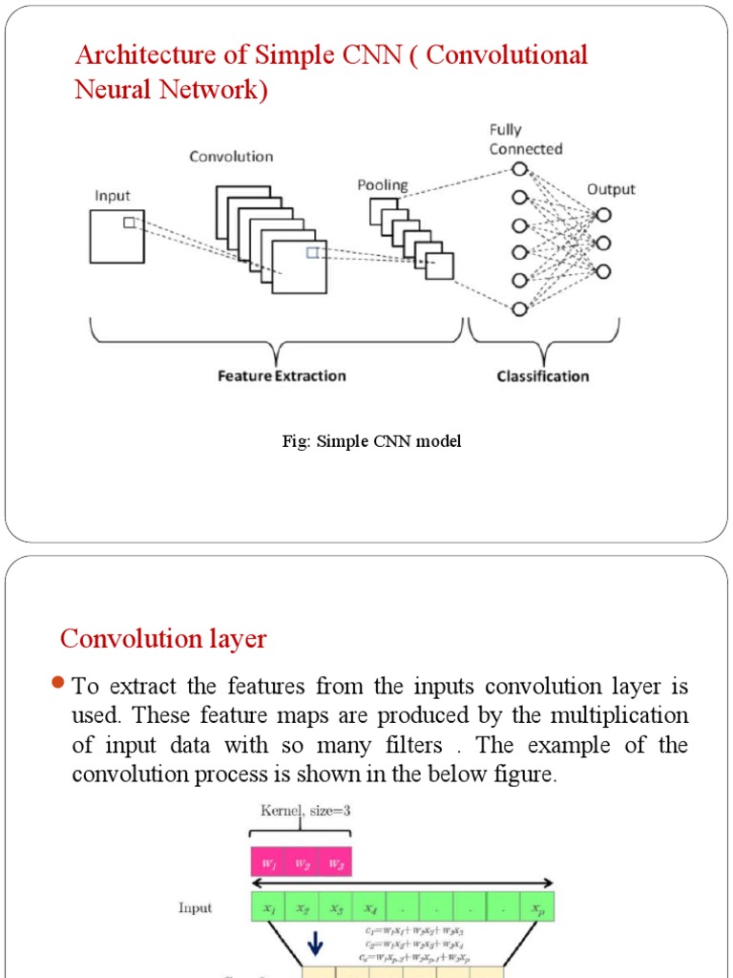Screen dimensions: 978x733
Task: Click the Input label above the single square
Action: click(x=112, y=196)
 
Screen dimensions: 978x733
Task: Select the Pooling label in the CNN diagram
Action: click(x=382, y=185)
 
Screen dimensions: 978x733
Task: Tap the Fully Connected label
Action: click(x=526, y=139)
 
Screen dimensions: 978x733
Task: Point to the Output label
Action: click(x=611, y=189)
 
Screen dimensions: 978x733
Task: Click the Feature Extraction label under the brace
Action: click(x=282, y=376)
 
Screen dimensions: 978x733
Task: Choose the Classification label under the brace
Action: click(x=543, y=376)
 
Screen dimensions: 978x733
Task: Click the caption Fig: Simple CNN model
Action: click(x=371, y=441)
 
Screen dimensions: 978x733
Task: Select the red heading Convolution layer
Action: click(x=163, y=638)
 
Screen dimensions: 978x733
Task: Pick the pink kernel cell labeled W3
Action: click(x=336, y=862)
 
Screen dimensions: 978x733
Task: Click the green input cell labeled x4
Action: click(x=370, y=906)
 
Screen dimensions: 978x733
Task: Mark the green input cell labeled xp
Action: click(x=536, y=906)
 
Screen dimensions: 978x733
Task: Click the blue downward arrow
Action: click(x=317, y=946)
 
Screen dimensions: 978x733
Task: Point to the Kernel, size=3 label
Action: click(x=305, y=811)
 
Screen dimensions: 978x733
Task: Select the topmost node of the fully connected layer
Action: click(x=519, y=170)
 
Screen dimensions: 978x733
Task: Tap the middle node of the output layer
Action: click(x=601, y=243)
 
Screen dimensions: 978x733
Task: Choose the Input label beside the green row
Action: click(x=195, y=907)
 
